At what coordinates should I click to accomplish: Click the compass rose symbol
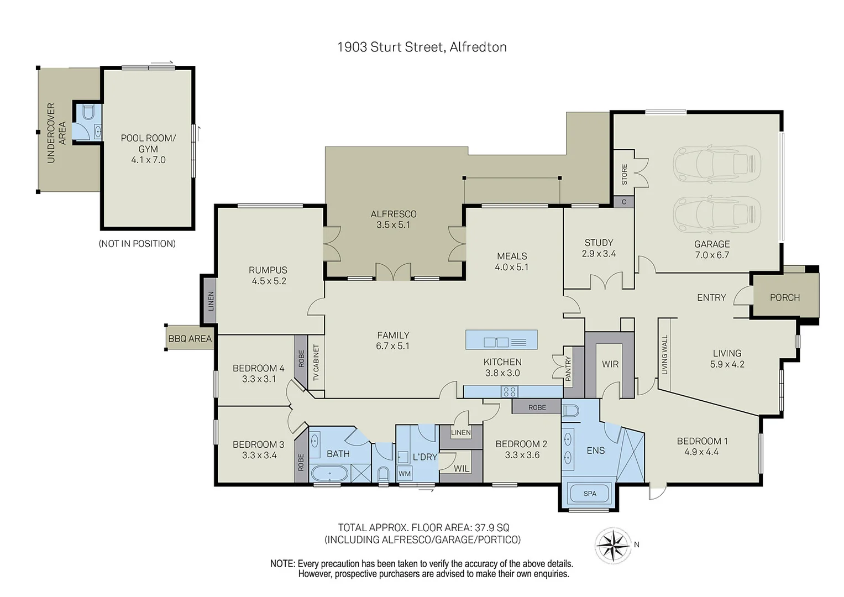pyautogui.click(x=612, y=546)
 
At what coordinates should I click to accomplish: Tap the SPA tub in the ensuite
pyautogui.click(x=589, y=493)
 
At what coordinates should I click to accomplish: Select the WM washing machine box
pyautogui.click(x=405, y=474)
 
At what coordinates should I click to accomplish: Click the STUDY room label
pyautogui.click(x=599, y=243)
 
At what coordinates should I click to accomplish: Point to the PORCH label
pyautogui.click(x=784, y=297)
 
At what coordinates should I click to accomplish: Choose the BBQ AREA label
pyautogui.click(x=190, y=338)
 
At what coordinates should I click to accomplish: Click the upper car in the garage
pyautogui.click(x=716, y=164)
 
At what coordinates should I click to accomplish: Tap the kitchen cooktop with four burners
pyautogui.click(x=509, y=392)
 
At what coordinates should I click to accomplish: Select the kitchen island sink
pyautogui.click(x=496, y=342)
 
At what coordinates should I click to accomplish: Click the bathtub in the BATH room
pyautogui.click(x=330, y=474)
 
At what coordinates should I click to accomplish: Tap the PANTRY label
pyautogui.click(x=568, y=368)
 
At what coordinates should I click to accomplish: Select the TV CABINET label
pyautogui.click(x=316, y=363)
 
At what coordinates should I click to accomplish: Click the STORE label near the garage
pyautogui.click(x=624, y=174)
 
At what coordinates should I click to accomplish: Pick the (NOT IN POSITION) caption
pyautogui.click(x=137, y=244)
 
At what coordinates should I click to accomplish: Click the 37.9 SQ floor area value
pyautogui.click(x=492, y=527)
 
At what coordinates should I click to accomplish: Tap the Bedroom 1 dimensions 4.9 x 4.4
pyautogui.click(x=701, y=452)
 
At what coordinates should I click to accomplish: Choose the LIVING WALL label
pyautogui.click(x=664, y=354)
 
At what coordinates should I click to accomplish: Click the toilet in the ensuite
pyautogui.click(x=570, y=410)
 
